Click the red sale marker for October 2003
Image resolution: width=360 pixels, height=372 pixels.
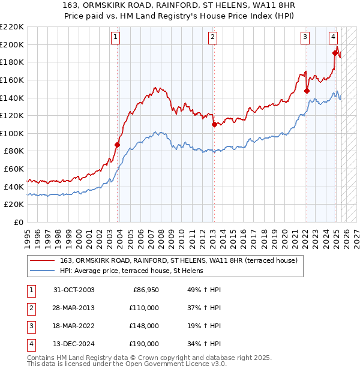[118, 145]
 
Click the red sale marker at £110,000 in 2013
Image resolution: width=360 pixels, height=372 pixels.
[214, 124]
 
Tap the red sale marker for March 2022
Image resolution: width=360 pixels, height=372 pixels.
[307, 91]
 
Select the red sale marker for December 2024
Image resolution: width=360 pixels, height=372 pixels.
[335, 53]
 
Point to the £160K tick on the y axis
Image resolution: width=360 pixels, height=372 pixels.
[12, 80]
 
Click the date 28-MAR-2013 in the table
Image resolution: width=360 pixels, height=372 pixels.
[74, 308]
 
